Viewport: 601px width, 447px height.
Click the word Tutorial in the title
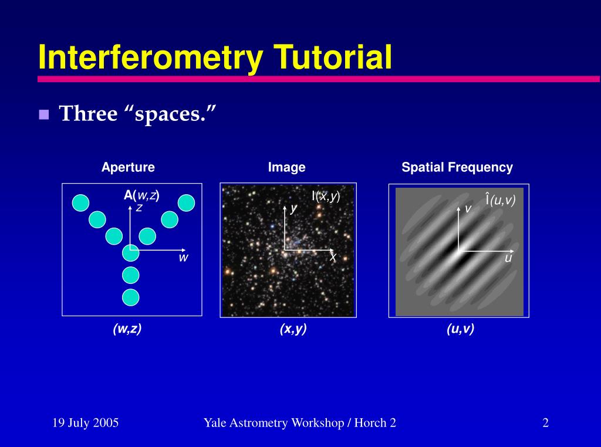coord(333,58)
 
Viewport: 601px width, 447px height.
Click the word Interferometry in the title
coord(150,58)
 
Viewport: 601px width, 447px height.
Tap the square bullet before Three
coord(43,114)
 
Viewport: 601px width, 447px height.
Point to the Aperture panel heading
coord(128,167)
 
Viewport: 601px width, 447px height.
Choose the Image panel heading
coord(286,167)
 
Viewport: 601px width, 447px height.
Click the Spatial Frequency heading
coord(457,167)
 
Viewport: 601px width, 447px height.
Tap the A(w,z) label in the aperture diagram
coord(141,195)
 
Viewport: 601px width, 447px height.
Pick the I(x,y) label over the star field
coord(326,196)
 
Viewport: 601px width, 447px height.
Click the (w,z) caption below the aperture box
coord(127,329)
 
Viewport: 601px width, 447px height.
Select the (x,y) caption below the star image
coord(293,329)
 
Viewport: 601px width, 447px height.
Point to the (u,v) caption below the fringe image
coord(460,329)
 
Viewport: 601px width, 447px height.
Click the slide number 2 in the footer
coord(545,422)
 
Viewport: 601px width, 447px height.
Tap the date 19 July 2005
coord(85,422)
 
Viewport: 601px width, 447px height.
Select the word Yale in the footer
coord(215,422)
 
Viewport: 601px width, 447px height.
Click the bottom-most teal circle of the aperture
coord(131,297)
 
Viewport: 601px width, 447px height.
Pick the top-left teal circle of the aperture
coord(80,203)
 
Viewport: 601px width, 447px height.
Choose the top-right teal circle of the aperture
coord(186,202)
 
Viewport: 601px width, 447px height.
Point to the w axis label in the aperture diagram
coord(183,258)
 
